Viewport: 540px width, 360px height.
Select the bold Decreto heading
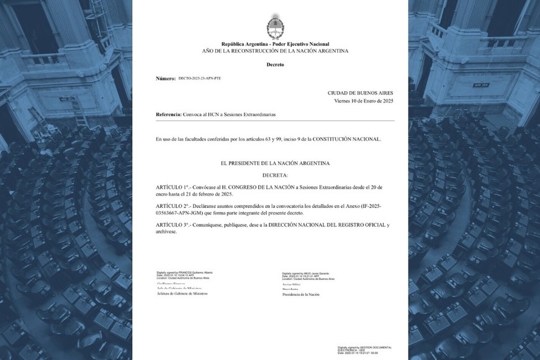275,64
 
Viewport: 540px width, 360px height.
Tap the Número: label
166,79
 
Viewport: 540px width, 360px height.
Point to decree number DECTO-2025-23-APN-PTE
200,79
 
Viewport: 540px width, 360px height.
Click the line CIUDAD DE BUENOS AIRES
361,92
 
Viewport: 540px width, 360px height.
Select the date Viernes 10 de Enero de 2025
364,101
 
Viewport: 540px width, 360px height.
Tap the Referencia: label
168,115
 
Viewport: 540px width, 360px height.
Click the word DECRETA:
275,175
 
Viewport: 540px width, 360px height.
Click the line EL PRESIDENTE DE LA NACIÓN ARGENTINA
275,163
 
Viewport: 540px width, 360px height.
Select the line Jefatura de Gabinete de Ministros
182,294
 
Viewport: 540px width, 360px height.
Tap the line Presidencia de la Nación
301,294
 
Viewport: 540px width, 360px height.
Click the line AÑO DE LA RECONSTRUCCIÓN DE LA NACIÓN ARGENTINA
275,51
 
